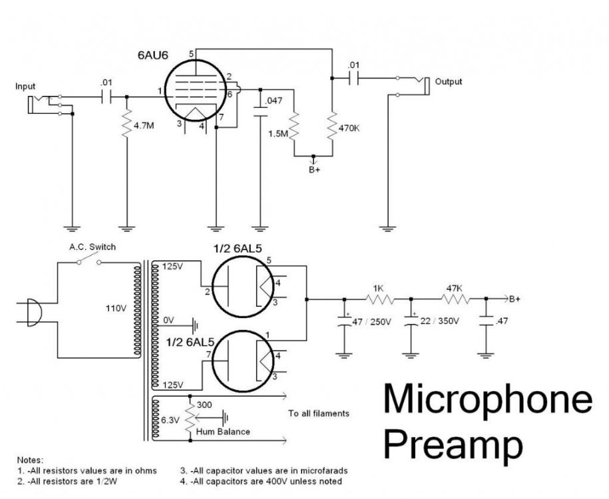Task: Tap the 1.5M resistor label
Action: pos(277,134)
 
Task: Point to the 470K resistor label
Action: pos(349,129)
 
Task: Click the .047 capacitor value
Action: pos(273,101)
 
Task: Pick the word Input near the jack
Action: pos(27,86)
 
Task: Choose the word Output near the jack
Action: pos(448,82)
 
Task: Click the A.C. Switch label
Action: pos(93,247)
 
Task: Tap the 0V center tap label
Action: pos(168,321)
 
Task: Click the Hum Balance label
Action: pos(223,431)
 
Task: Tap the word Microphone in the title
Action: pos(487,400)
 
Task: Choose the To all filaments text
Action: pos(318,413)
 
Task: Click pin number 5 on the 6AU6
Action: pos(191,53)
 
